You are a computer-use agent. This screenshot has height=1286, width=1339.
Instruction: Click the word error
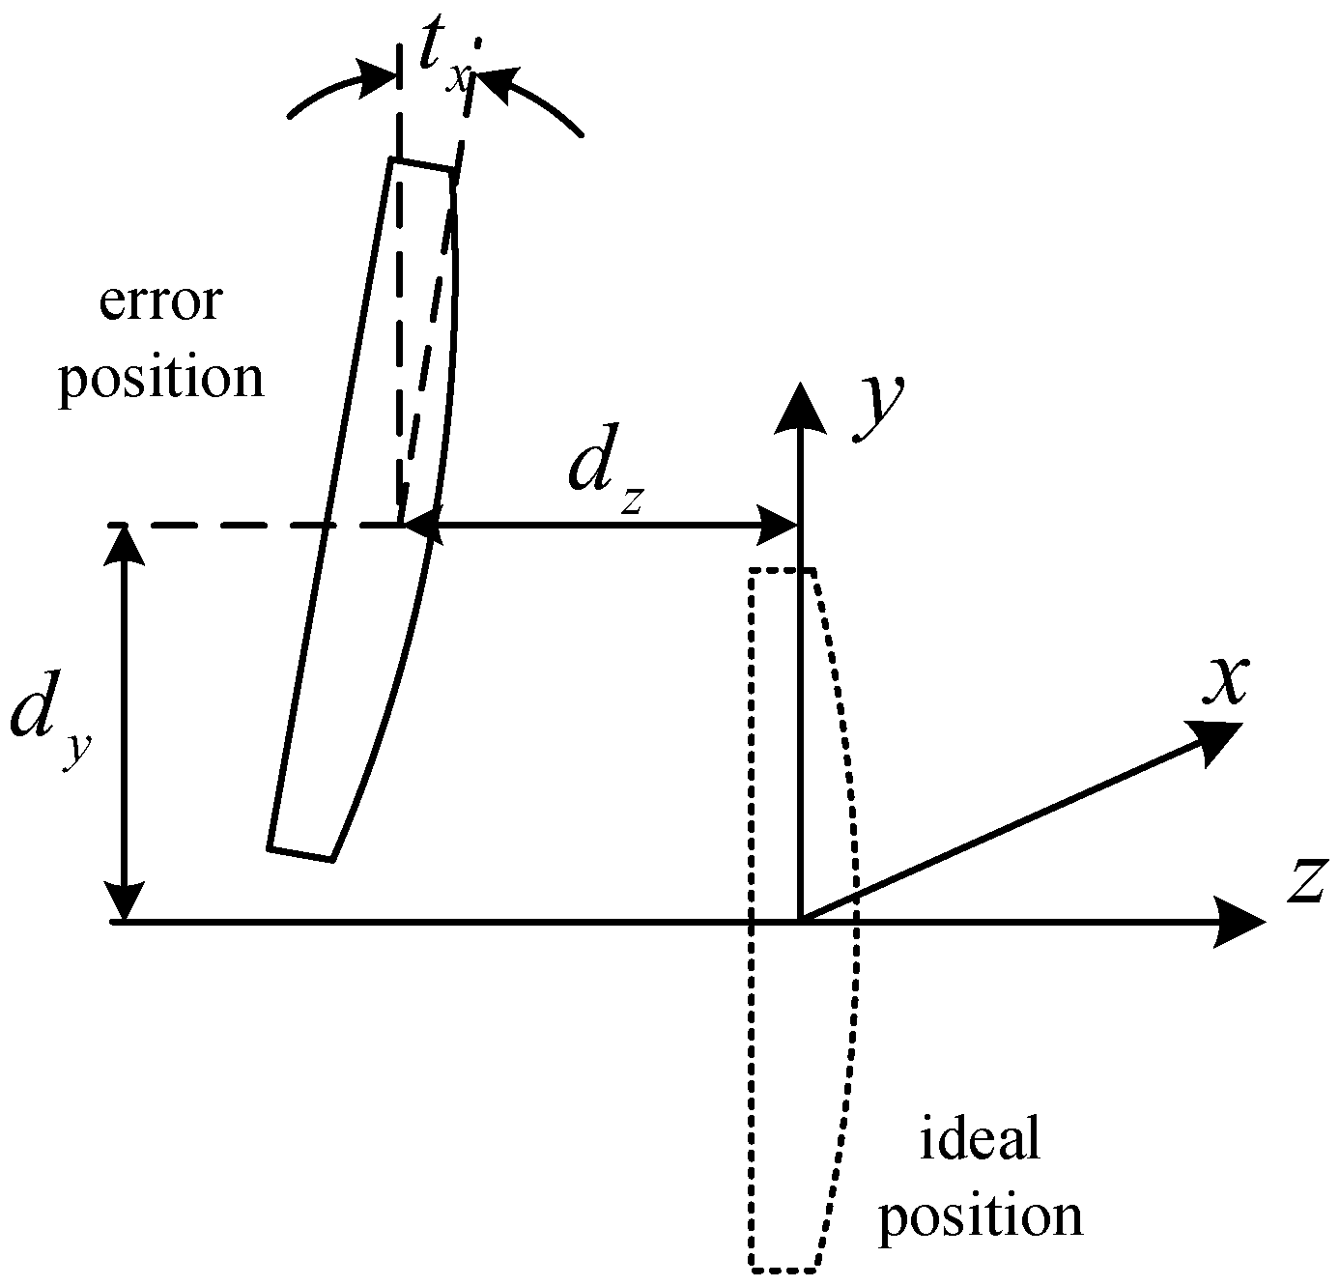[x=160, y=303]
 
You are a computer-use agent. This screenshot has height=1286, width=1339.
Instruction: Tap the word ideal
[x=980, y=1140]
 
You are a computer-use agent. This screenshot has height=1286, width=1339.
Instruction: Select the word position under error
[x=160, y=377]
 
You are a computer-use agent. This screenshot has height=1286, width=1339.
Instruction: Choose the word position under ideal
[x=980, y=1217]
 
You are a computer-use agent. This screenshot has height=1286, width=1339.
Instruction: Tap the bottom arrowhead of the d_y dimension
[x=122, y=902]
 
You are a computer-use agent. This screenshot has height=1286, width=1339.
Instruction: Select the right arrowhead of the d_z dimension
[x=779, y=525]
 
